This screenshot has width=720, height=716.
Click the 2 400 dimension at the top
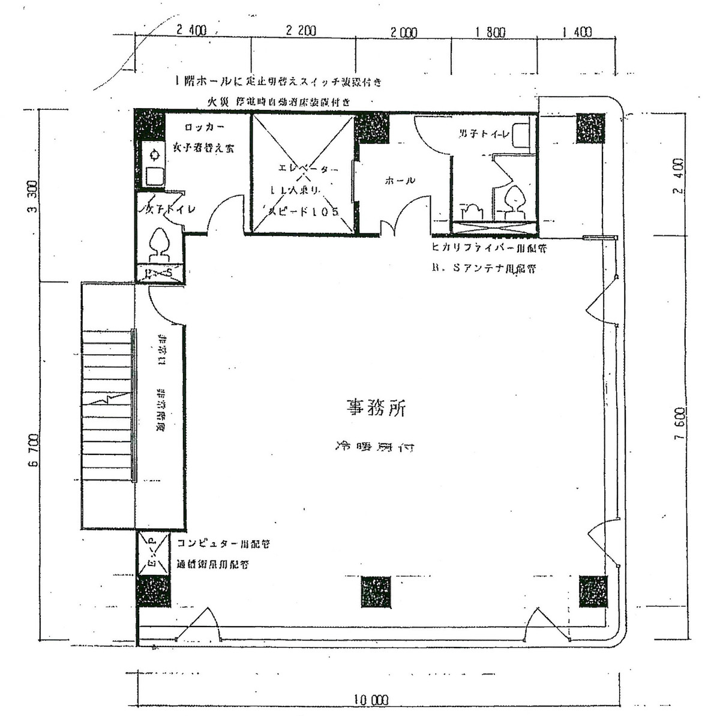click(x=191, y=31)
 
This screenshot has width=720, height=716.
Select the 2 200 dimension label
click(x=301, y=31)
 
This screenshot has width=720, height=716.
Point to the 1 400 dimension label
click(x=577, y=32)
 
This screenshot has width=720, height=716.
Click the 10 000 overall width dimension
click(x=370, y=700)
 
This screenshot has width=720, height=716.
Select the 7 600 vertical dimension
click(x=680, y=424)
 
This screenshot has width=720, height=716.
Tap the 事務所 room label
click(x=376, y=408)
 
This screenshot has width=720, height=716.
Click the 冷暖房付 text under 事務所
click(x=374, y=447)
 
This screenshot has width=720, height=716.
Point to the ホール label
click(x=400, y=180)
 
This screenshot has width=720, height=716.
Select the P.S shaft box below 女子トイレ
click(x=158, y=274)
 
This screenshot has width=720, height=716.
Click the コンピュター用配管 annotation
click(x=223, y=544)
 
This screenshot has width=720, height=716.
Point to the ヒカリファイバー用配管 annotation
click(x=488, y=247)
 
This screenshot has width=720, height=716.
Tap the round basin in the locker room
click(x=155, y=154)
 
